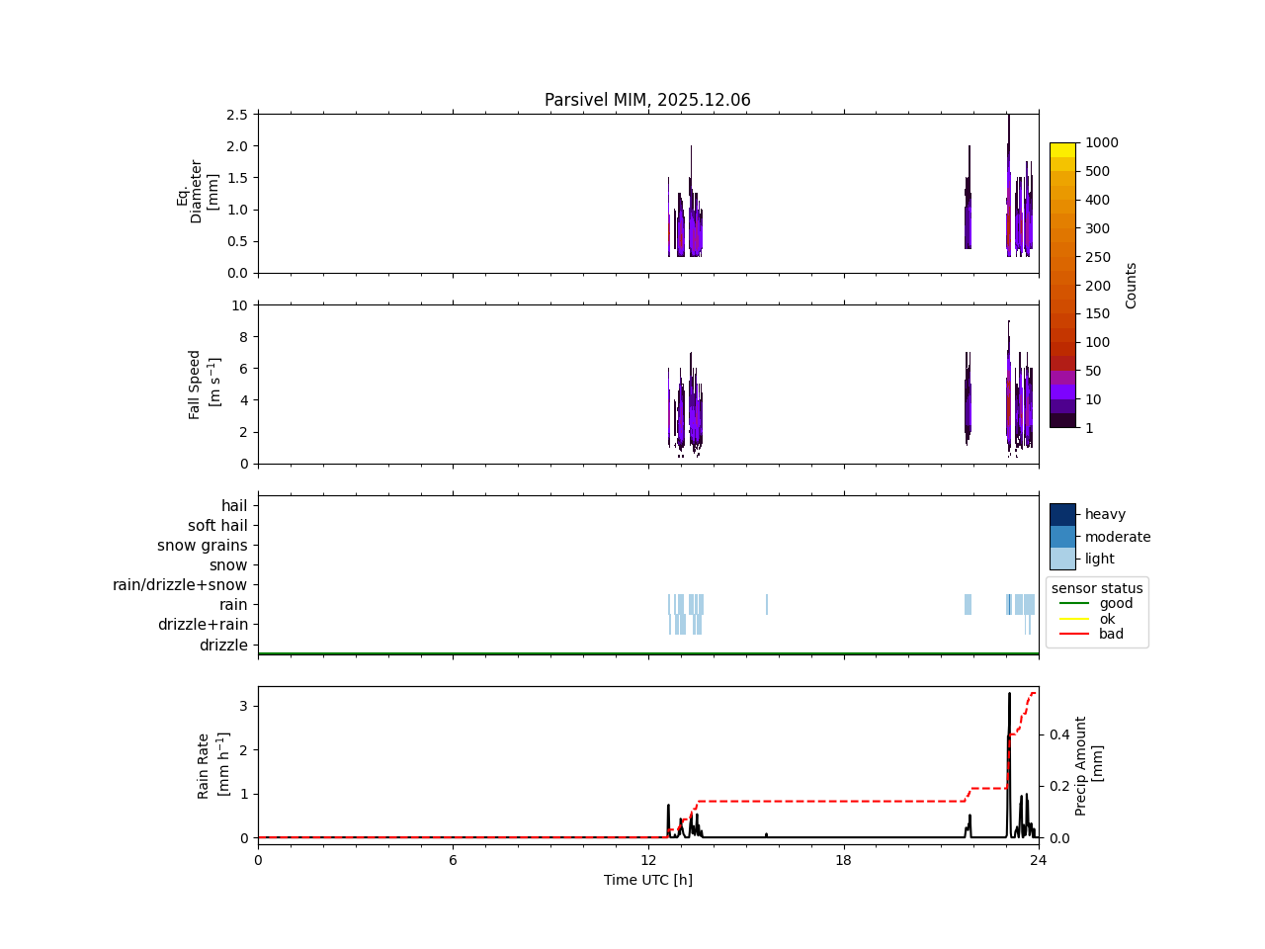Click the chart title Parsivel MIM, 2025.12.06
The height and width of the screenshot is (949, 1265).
click(647, 100)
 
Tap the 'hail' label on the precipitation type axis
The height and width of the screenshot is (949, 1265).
click(234, 506)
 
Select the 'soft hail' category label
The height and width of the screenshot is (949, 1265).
click(217, 526)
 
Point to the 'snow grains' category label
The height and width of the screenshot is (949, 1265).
click(202, 546)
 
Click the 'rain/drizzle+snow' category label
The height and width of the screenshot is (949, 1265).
click(180, 585)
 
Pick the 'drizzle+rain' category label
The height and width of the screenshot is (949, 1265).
click(203, 625)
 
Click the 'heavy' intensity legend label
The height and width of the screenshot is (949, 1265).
click(1105, 514)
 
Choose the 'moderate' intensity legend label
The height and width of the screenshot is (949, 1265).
click(1118, 537)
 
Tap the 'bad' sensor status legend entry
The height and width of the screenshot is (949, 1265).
click(1111, 634)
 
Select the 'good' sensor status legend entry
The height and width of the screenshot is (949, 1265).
click(1116, 603)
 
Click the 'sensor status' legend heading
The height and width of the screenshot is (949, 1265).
click(1097, 588)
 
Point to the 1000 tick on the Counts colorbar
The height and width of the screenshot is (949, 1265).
click(1102, 142)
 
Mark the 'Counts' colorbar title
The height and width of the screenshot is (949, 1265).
click(1132, 285)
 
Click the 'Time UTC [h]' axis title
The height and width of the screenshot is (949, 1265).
click(647, 880)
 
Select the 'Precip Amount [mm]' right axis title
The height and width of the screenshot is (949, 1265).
click(1088, 765)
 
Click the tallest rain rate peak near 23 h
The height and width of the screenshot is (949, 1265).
click(1009, 694)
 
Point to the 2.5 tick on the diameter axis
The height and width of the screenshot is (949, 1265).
click(236, 115)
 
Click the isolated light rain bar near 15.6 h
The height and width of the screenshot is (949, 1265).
click(766, 604)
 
